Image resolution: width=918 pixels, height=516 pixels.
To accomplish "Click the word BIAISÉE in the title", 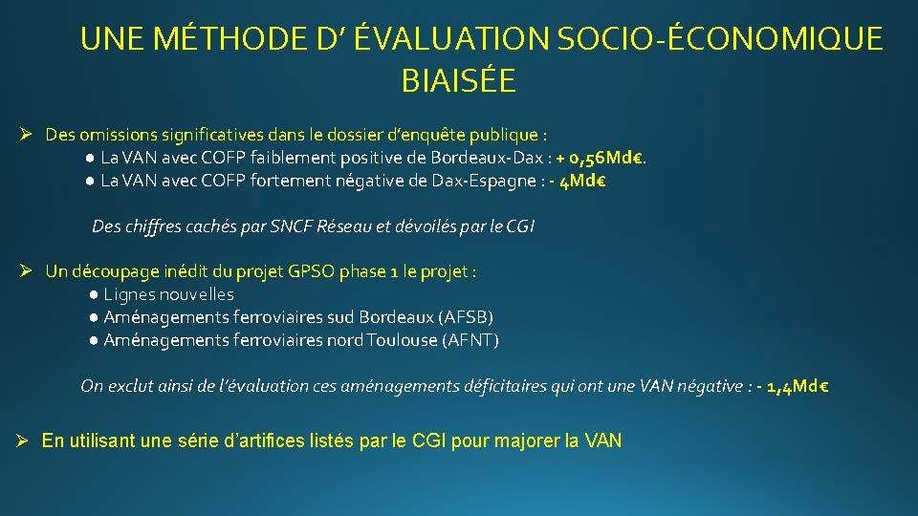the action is point(458,80).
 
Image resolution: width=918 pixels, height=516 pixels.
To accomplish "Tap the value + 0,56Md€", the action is point(600,158).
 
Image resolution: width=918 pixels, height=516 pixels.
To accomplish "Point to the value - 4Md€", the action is point(578,181).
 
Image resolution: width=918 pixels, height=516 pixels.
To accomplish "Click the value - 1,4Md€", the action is point(793,386).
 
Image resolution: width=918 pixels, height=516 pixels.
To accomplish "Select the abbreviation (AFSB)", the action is point(466,317).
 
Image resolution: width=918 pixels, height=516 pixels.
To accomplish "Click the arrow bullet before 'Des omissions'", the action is point(25,135).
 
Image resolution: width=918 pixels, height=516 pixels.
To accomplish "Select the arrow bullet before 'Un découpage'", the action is point(25,270).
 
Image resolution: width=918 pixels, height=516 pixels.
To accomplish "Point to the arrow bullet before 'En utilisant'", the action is point(22,441).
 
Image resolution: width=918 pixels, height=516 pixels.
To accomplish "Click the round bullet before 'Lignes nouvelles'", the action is point(94,295).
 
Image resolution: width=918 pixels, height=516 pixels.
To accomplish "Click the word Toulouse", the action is point(403,340).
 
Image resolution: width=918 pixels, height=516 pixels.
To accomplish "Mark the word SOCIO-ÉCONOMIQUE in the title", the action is point(719,38).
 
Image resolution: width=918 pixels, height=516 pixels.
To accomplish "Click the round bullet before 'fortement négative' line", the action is point(90,182).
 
